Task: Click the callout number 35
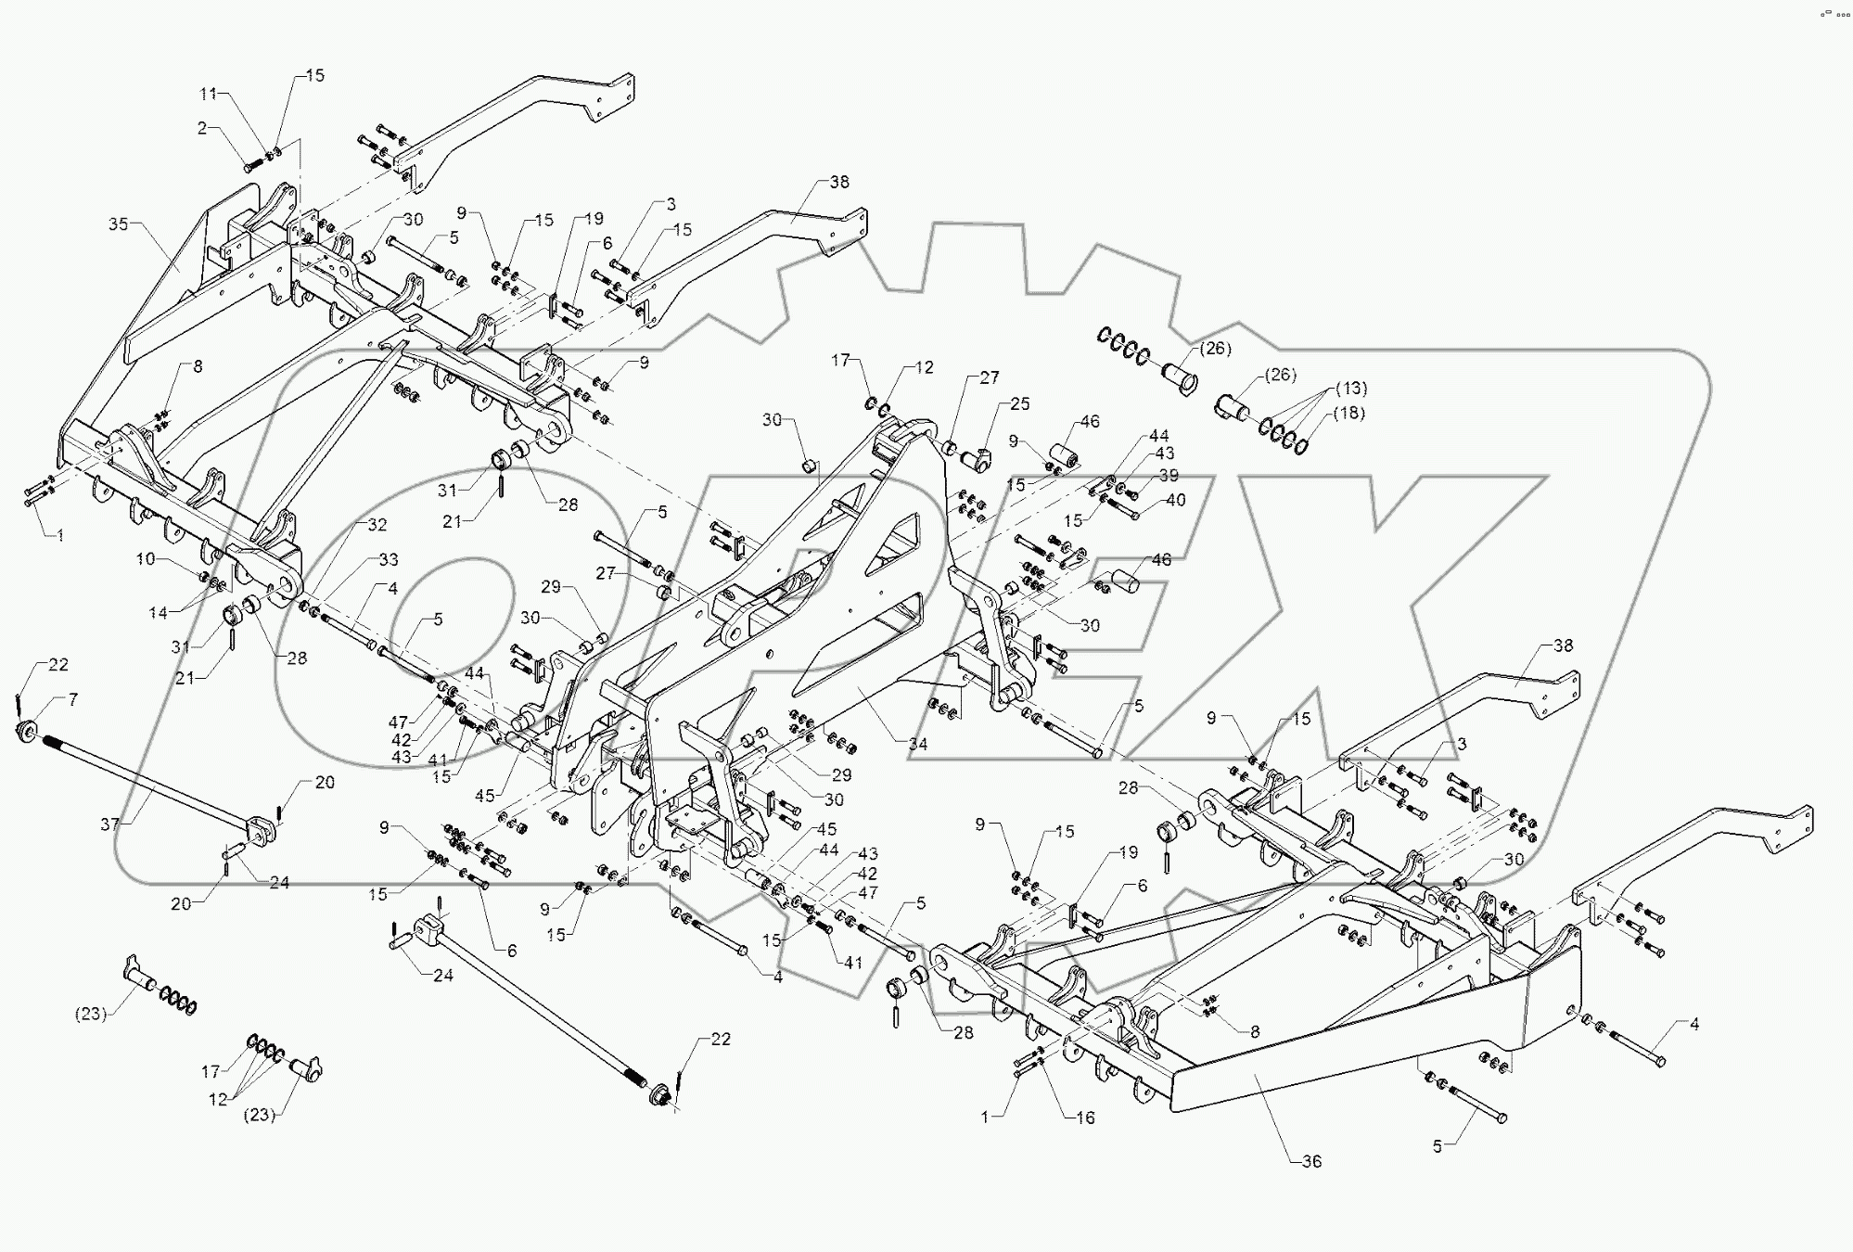coord(118,224)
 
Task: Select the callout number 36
coord(1310,1161)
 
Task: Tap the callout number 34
coord(917,744)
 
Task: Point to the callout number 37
coord(110,824)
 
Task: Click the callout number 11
coord(208,94)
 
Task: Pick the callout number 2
coord(201,128)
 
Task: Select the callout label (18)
coord(1348,413)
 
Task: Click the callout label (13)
coord(1351,388)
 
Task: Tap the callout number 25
coord(1020,404)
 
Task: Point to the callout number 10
coord(146,558)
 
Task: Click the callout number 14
coord(158,612)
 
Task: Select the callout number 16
coord(1084,1118)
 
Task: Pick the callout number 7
coord(72,700)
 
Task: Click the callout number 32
coord(377,525)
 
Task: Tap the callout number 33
coord(388,559)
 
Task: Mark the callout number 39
coord(1169,476)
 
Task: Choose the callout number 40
coord(1175,501)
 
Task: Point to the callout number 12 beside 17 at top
coord(924,367)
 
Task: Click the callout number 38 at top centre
coord(838,182)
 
